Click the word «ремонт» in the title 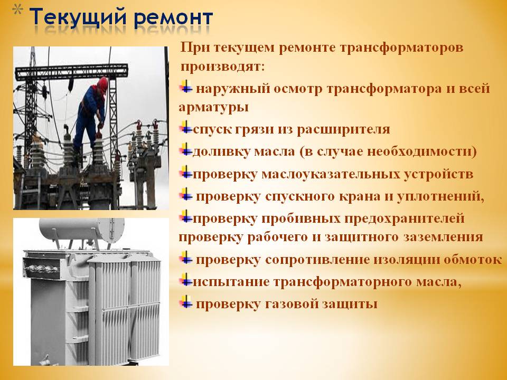173,18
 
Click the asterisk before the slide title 18,11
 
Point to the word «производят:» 222,67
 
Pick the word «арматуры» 213,107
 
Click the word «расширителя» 343,129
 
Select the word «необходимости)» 421,151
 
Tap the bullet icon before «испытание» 186,280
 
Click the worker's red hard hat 102,84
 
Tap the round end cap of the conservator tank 111,230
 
